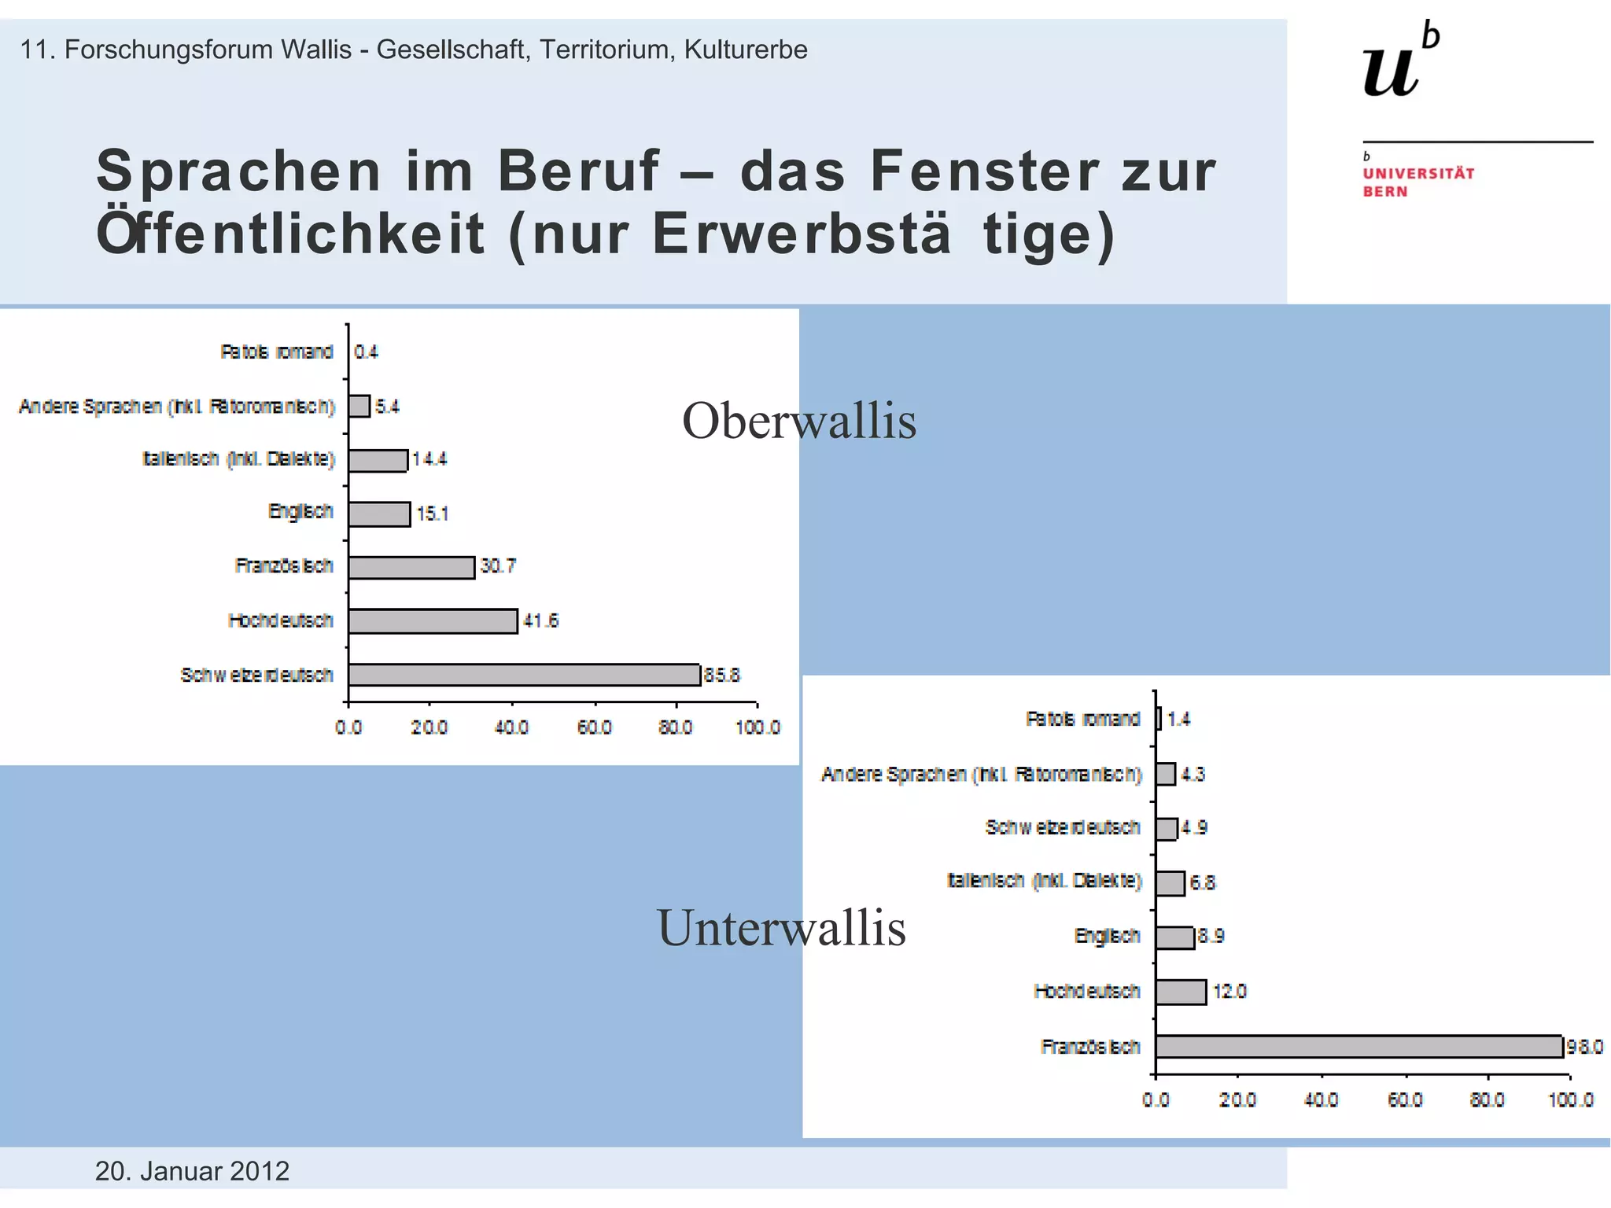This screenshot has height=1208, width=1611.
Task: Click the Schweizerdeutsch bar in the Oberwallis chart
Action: pos(524,675)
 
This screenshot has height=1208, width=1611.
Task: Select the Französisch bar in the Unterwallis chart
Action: pos(1358,1047)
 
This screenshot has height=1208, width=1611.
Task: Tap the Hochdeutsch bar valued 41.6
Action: pos(433,621)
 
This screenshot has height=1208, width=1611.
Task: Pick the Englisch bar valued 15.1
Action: pos(379,514)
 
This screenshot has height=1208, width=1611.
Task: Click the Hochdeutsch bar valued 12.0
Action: pos(1181,992)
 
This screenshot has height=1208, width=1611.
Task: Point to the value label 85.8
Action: pos(722,676)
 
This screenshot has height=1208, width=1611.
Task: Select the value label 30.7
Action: pos(498,566)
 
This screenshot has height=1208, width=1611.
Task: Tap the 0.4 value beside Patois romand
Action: pos(366,352)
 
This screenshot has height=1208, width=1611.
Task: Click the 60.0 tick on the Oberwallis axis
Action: pos(595,727)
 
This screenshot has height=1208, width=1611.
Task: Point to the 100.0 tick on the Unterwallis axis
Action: pos(1571,1100)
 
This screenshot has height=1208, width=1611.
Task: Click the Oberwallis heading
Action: pos(798,421)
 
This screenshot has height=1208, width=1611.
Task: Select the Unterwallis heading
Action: pos(781,928)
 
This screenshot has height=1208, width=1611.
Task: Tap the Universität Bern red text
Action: pos(1417,182)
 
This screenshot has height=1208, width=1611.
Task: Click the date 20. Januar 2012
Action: pos(192,1171)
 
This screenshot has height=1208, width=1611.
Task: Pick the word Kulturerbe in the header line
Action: pos(746,50)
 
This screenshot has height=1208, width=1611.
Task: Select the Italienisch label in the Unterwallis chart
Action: pos(1044,881)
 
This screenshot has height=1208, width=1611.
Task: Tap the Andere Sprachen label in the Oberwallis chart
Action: pos(177,407)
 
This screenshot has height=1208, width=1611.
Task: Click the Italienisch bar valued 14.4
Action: pos(378,460)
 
